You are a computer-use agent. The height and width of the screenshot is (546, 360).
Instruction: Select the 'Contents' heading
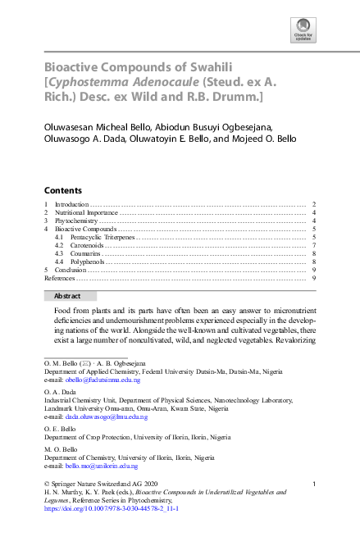click(62, 189)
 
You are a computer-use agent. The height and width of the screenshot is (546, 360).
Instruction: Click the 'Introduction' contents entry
click(72, 204)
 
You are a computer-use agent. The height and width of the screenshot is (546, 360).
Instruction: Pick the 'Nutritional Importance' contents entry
click(86, 212)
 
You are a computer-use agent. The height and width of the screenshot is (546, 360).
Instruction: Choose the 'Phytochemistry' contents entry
click(77, 221)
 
